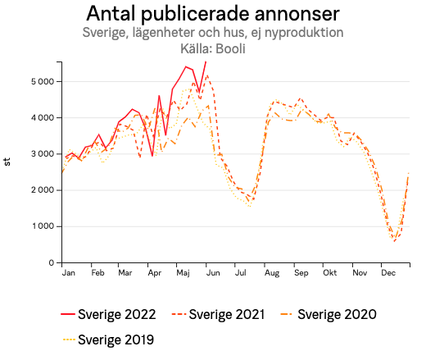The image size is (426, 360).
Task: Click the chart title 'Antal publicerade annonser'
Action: tap(213, 15)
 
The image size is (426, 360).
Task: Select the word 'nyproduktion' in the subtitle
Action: tap(305, 33)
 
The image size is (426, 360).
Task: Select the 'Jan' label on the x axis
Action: tap(69, 272)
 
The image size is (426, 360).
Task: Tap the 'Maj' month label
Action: tap(183, 272)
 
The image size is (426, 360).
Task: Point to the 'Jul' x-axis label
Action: tap(240, 272)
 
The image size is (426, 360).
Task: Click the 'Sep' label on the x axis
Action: tap(300, 272)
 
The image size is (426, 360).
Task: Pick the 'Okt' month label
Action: tap(329, 272)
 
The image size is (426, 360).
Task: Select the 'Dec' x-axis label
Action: tap(387, 272)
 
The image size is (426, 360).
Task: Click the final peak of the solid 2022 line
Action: tap(206, 62)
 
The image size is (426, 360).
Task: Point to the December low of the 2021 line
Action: tap(395, 241)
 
